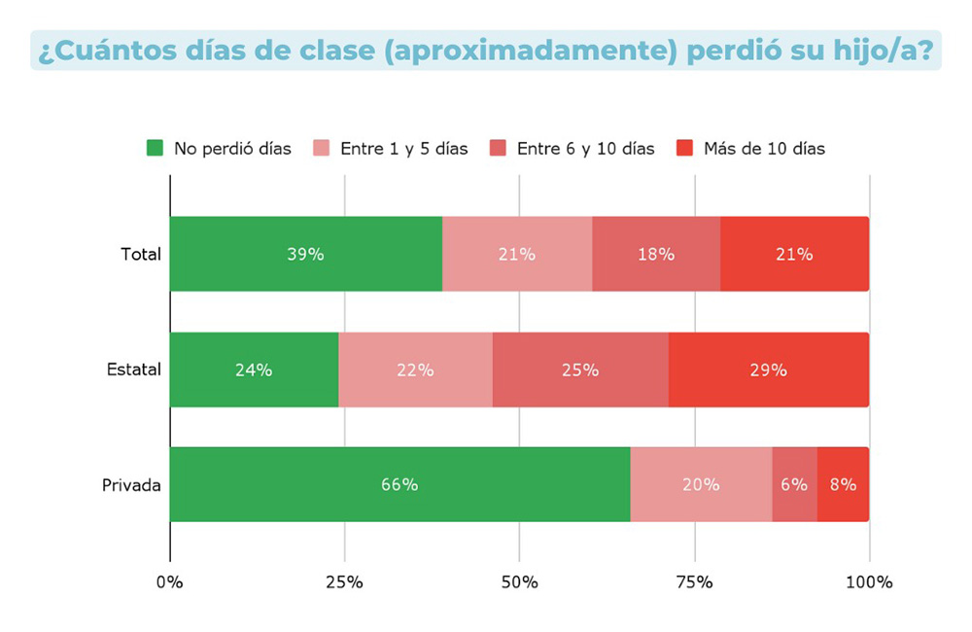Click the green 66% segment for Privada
click(399, 484)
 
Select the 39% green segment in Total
click(305, 255)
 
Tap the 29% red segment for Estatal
click(769, 369)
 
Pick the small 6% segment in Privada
click(794, 484)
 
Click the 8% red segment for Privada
click(843, 484)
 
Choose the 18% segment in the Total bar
click(656, 255)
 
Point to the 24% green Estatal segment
click(254, 369)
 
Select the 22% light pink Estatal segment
click(415, 369)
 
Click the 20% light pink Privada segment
click(701, 484)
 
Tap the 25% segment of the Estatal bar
click(580, 369)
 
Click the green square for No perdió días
click(155, 149)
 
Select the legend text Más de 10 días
click(764, 149)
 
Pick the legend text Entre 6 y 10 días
click(585, 149)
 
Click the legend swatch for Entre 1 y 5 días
click(321, 149)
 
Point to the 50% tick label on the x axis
click(519, 582)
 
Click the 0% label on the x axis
click(170, 582)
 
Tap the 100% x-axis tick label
click(869, 582)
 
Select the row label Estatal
click(133, 369)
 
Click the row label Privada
click(131, 484)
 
